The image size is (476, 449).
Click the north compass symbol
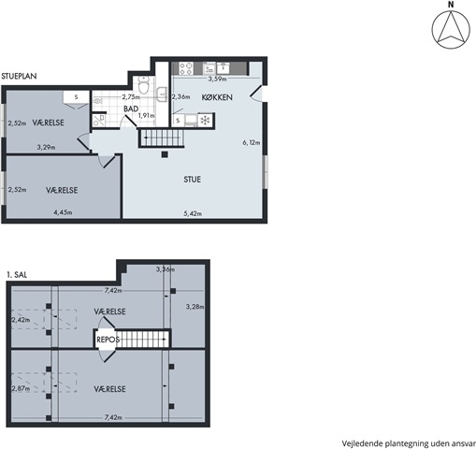point(451,26)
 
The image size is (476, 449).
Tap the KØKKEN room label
point(217,97)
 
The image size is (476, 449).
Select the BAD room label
point(131,109)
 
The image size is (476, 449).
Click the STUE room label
point(192,180)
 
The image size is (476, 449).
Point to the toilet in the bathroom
point(144,85)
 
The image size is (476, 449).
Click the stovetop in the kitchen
point(186,68)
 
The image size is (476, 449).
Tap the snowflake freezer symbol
point(205,121)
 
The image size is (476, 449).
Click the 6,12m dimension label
point(252,143)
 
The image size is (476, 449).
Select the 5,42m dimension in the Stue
point(193,213)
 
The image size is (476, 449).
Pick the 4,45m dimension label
point(63,212)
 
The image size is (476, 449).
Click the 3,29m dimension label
point(46,147)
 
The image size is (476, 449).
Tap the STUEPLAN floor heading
point(19,76)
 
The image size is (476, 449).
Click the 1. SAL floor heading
point(17,275)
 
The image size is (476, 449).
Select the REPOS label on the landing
point(108,340)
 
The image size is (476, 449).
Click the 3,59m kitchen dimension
point(217,79)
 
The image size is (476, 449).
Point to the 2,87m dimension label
point(21,388)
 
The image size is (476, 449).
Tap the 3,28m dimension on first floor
point(195,307)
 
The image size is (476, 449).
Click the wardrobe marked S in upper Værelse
point(77,96)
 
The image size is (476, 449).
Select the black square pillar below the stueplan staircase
point(165,154)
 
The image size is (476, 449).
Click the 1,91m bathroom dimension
point(147,115)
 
